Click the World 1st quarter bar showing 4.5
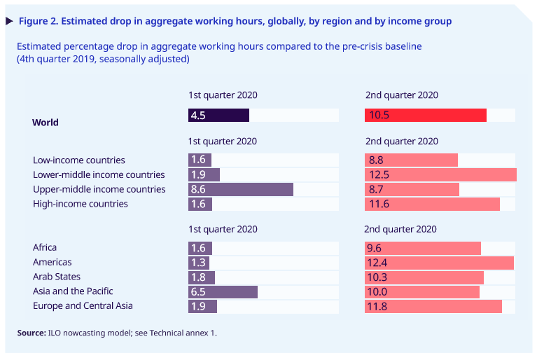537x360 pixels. coord(218,116)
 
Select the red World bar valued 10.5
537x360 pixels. coord(426,116)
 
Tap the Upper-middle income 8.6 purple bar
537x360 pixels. coord(241,190)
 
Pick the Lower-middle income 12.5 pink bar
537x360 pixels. coord(440,175)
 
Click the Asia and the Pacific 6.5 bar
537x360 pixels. coord(223,291)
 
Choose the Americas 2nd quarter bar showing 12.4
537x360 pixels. coord(439,263)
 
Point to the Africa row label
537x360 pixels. coord(45,247)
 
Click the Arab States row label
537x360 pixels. coord(57,277)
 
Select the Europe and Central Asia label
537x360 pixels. coord(83,306)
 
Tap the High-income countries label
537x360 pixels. coord(81,204)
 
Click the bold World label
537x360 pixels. coord(46,123)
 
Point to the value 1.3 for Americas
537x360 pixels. coord(198,263)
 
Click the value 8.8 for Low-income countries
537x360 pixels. coord(375,160)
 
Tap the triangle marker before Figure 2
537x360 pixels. coord(9,21)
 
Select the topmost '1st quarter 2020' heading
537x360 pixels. coord(222,95)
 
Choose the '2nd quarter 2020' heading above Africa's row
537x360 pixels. coord(400,229)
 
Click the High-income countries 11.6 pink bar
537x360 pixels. coord(432,204)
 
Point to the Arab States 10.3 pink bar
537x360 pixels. coord(424,277)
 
